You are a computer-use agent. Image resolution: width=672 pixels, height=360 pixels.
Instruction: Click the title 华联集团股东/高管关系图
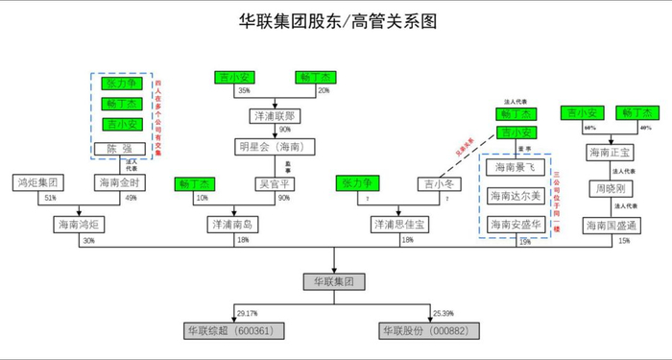pos(335,21)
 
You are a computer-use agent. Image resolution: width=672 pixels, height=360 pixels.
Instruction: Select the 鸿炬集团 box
pos(38,181)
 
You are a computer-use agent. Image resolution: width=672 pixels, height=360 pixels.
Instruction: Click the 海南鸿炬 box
pos(78,225)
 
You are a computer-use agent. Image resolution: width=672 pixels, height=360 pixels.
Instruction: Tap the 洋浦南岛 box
pos(230,225)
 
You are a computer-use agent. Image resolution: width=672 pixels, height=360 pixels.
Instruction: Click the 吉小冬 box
pos(438,182)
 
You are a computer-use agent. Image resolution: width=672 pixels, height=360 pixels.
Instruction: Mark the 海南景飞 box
pos(516,167)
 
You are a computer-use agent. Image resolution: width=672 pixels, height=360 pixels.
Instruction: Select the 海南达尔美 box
pos(516,196)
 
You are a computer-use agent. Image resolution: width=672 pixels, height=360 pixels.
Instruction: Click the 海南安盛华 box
pos(516,224)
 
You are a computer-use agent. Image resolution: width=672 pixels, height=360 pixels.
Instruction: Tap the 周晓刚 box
pos(611,182)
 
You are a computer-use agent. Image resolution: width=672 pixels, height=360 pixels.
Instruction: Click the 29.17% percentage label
pos(247,312)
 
